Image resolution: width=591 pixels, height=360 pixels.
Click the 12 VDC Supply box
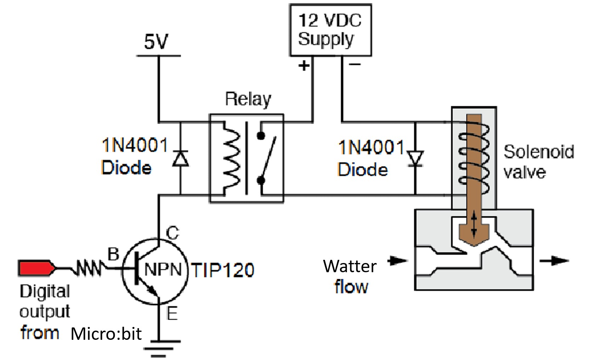(330, 30)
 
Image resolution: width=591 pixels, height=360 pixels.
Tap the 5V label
(156, 42)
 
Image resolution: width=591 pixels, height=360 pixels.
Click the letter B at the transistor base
(113, 254)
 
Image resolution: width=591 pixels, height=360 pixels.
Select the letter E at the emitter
(172, 314)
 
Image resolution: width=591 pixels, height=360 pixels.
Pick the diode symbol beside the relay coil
(180, 159)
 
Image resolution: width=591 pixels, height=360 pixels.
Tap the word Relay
(248, 99)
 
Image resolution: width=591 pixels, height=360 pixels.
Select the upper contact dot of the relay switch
(261, 136)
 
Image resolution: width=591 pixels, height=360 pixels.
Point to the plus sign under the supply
(303, 65)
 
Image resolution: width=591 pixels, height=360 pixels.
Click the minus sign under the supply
(355, 64)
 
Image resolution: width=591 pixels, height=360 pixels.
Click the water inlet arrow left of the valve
(397, 261)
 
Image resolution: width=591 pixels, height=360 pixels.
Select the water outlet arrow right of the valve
(554, 261)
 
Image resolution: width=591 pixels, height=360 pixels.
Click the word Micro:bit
(106, 334)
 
